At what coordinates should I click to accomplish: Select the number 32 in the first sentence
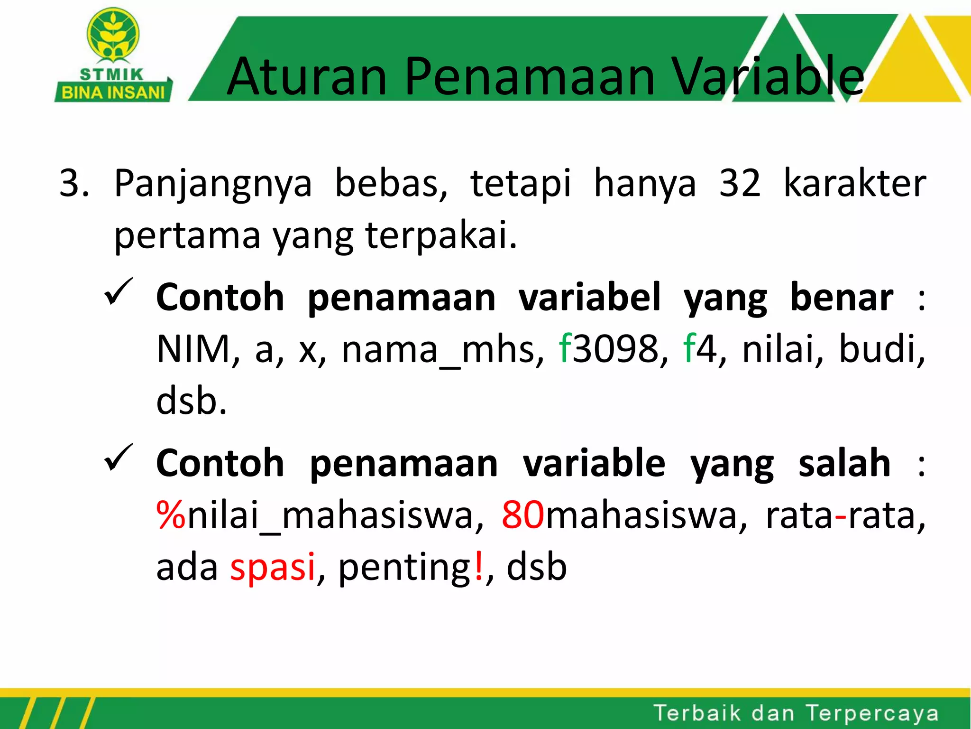pos(740,183)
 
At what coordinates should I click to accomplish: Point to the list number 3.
pos(73,183)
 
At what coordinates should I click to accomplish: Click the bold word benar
pos(842,298)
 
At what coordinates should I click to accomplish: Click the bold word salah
pos(844,464)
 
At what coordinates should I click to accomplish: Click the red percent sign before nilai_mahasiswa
pos(171,515)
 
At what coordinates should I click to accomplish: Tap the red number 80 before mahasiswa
pos(523,515)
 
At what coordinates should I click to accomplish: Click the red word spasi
pos(273,567)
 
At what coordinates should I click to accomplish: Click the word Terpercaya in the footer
pos(872,713)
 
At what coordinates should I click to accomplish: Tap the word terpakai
pos(440,236)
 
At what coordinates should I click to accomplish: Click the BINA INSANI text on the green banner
pos(113,93)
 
